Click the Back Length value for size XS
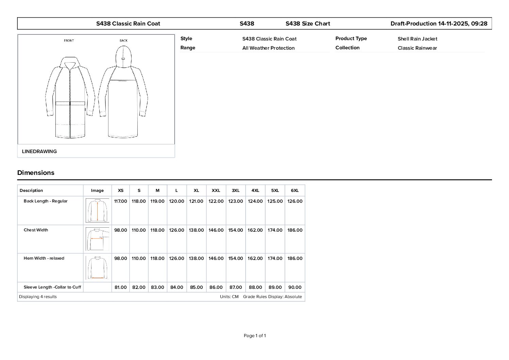(x=120, y=201)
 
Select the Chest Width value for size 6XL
(x=295, y=230)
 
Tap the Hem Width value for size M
(x=157, y=258)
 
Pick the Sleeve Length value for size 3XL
(x=235, y=287)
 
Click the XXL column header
(x=216, y=191)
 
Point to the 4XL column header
(x=255, y=191)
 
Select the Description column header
(x=31, y=191)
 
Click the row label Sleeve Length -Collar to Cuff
(x=52, y=287)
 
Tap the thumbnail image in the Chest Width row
(x=97, y=239)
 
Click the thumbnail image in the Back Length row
(x=97, y=210)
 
